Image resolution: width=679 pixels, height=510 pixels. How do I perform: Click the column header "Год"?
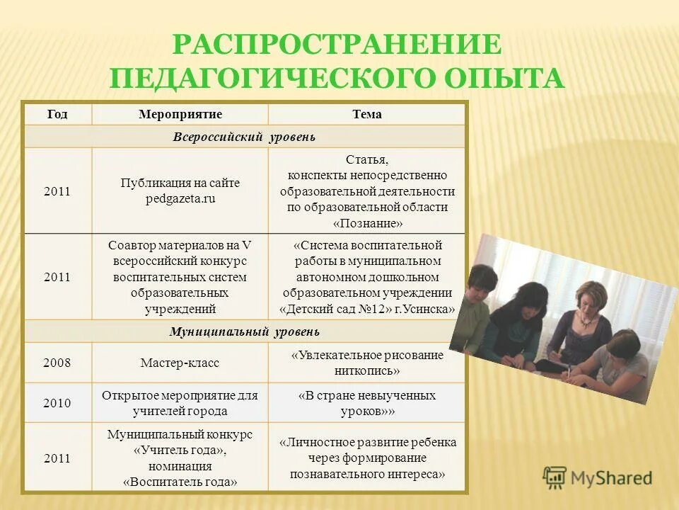(x=57, y=114)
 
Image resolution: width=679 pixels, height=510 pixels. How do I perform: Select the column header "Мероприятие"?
(x=180, y=114)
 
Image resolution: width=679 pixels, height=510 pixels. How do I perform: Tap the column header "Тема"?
(x=366, y=114)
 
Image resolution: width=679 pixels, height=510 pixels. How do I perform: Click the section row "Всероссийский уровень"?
(x=244, y=136)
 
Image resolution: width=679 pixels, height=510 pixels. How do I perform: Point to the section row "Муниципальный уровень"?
(x=244, y=331)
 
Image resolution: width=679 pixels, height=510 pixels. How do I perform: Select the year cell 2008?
(x=57, y=363)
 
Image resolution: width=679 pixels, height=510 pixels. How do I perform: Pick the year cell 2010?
(x=57, y=403)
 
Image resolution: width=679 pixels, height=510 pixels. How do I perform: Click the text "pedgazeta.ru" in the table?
(x=180, y=199)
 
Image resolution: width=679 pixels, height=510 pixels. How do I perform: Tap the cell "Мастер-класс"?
(x=180, y=363)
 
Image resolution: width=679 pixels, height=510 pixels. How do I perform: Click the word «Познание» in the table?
(x=366, y=223)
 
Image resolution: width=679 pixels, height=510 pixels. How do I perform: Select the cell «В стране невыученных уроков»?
(x=366, y=403)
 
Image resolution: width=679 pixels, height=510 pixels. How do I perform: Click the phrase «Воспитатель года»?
(x=180, y=482)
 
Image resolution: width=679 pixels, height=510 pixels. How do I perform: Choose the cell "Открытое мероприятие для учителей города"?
(x=180, y=403)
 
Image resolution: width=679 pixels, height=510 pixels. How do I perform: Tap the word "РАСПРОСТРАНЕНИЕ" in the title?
(x=337, y=45)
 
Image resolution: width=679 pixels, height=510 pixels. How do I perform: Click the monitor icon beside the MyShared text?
(x=555, y=478)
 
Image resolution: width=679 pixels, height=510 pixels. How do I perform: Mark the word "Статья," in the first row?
(x=366, y=159)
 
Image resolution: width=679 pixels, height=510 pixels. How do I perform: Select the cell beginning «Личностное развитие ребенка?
(x=366, y=458)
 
